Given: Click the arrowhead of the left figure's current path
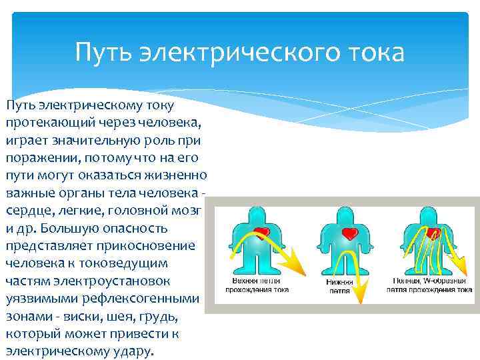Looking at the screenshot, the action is [x=298, y=270].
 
